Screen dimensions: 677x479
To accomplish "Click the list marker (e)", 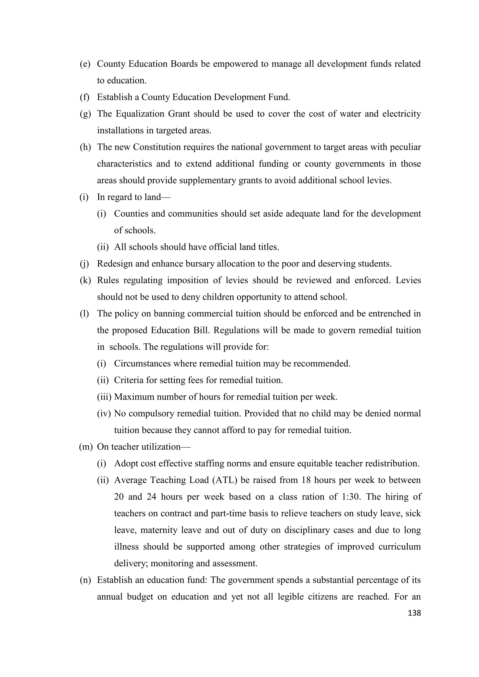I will tap(85, 64).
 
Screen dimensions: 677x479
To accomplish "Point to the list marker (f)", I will tap(85, 97).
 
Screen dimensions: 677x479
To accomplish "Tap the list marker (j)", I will tap(85, 264).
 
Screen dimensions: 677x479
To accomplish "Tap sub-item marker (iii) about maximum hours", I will tap(104, 397).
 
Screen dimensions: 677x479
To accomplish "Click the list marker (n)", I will tap(85, 580).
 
